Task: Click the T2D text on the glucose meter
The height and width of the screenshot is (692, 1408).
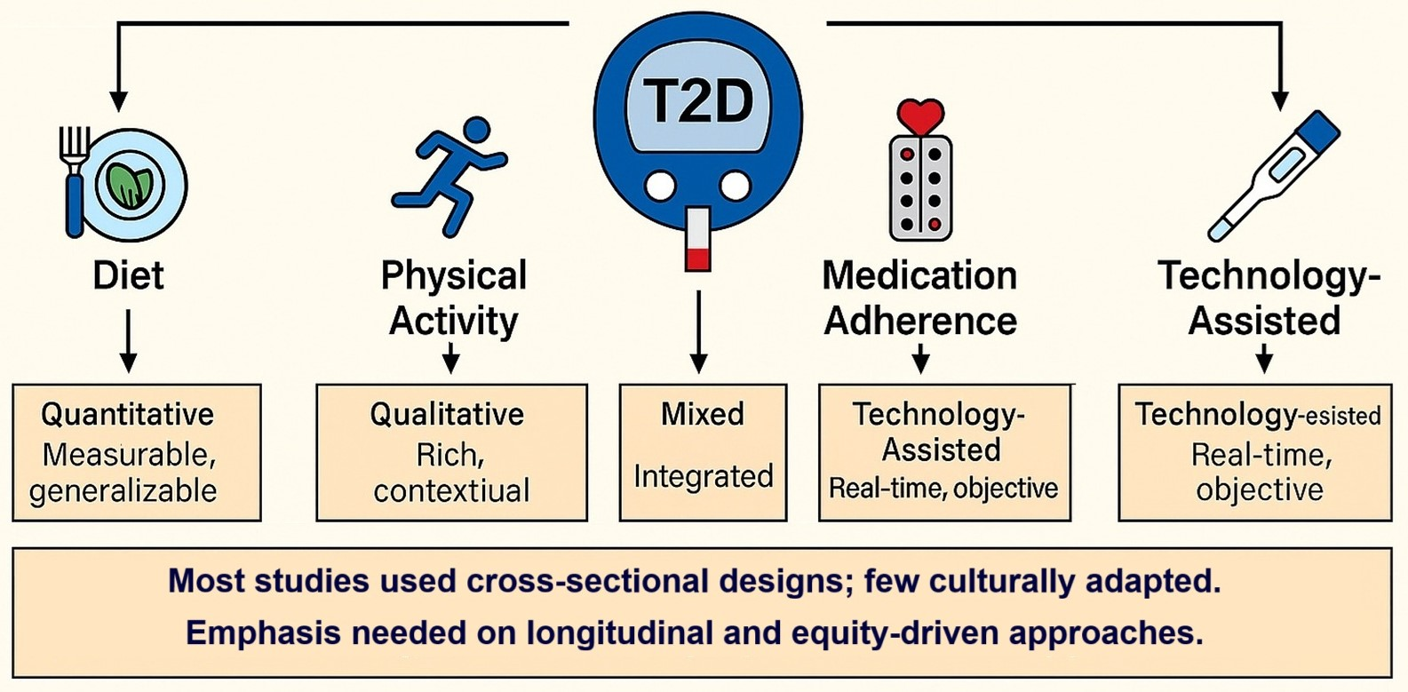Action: (698, 100)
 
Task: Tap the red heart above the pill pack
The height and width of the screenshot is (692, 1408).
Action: (920, 116)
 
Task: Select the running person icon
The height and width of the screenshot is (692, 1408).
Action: (449, 176)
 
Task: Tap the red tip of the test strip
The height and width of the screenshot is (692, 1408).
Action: (698, 259)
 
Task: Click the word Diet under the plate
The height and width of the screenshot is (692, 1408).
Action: (129, 276)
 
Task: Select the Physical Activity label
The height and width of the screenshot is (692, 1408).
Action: (453, 298)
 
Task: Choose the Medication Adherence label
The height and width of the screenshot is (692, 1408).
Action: (920, 298)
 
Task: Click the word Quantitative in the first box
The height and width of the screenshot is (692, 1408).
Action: (128, 414)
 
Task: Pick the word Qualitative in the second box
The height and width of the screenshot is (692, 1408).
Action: (447, 414)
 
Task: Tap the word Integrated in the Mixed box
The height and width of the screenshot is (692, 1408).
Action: (703, 476)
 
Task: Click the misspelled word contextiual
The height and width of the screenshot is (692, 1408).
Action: (451, 490)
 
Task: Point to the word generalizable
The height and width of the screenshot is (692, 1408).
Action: (123, 490)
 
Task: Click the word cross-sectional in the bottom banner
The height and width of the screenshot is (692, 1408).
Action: (587, 581)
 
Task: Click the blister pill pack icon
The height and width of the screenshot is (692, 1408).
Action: (920, 188)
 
